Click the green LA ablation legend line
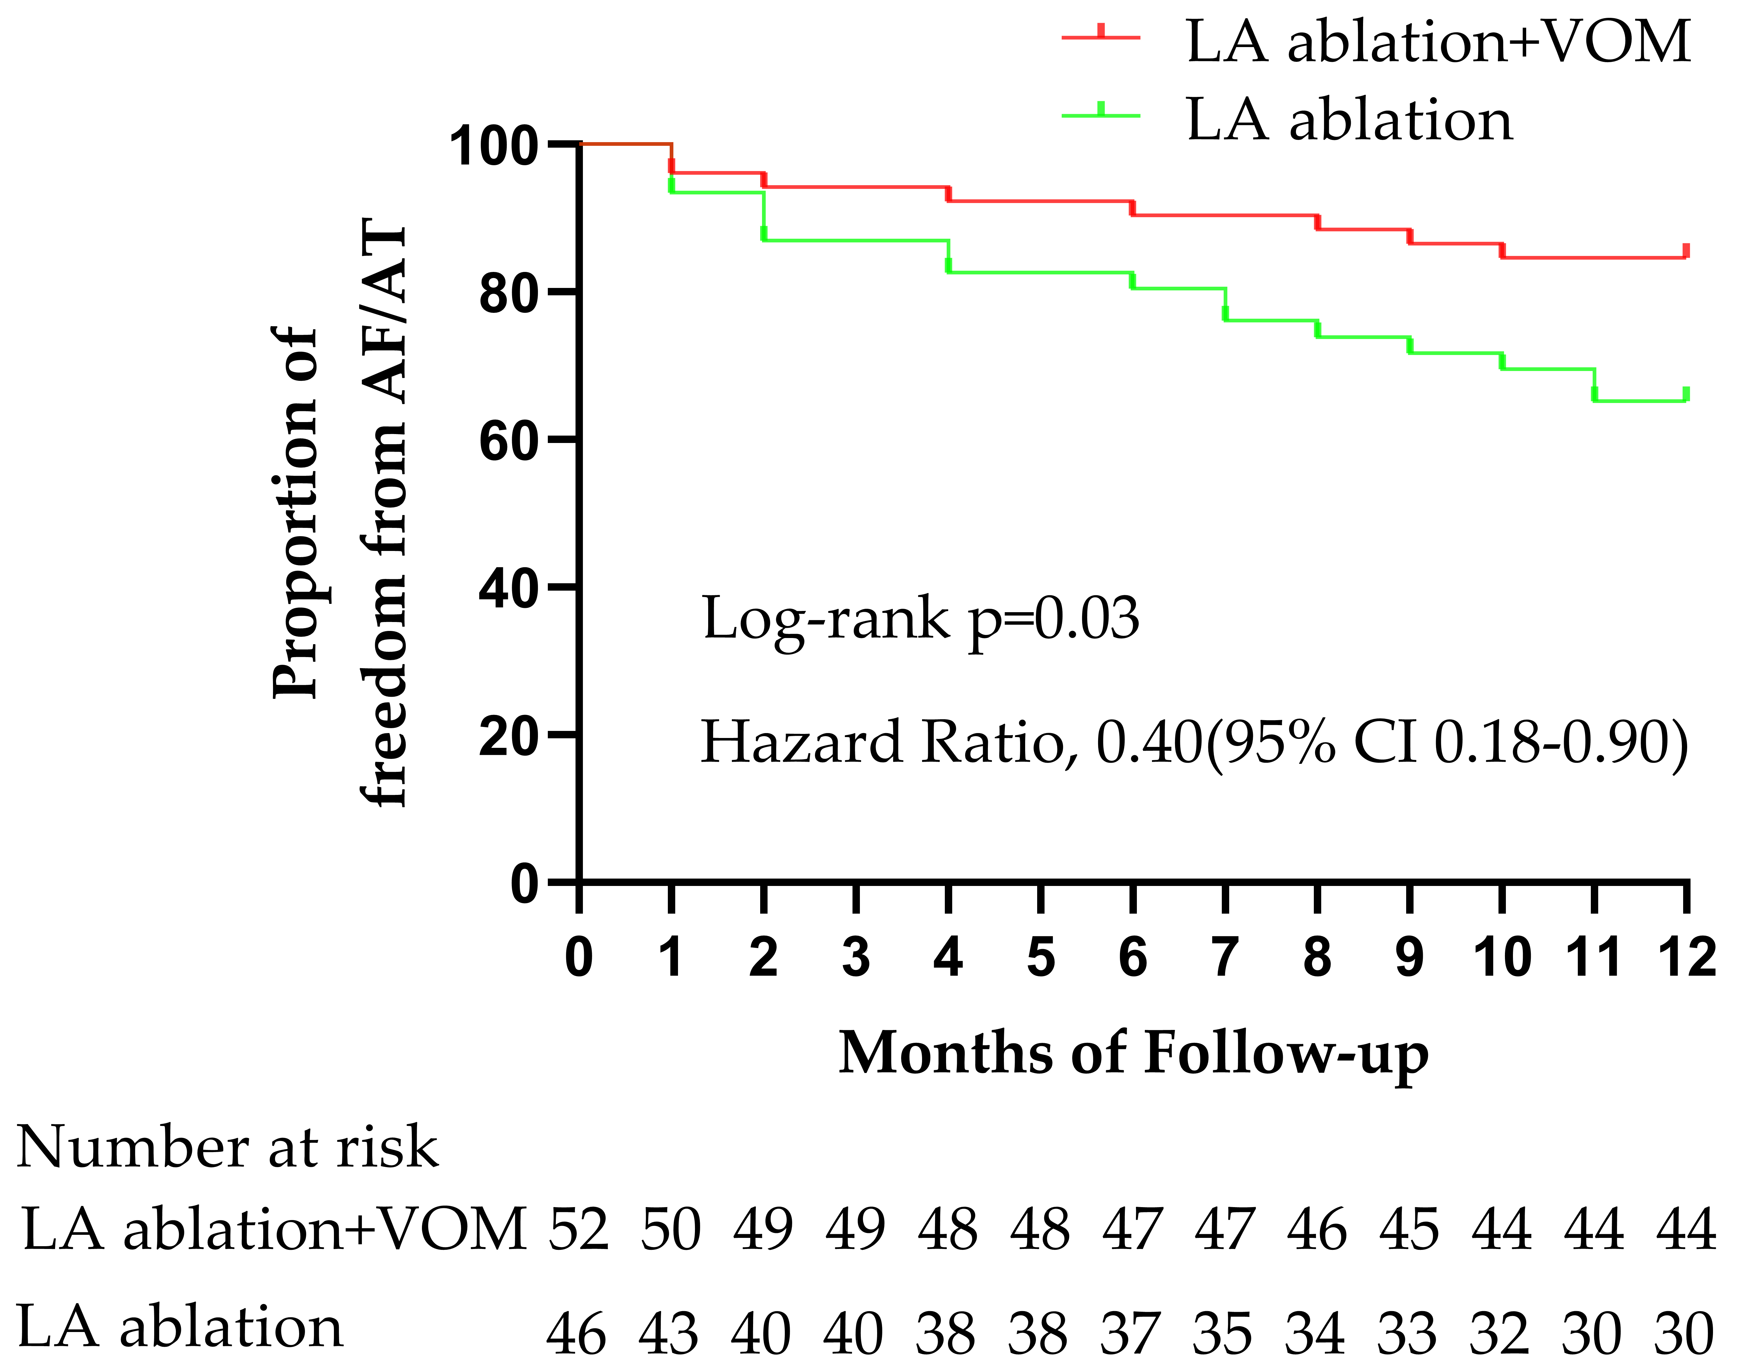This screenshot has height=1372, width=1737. (1101, 115)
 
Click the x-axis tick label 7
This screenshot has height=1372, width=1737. (1224, 958)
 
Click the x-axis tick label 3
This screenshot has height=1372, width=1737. (856, 958)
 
